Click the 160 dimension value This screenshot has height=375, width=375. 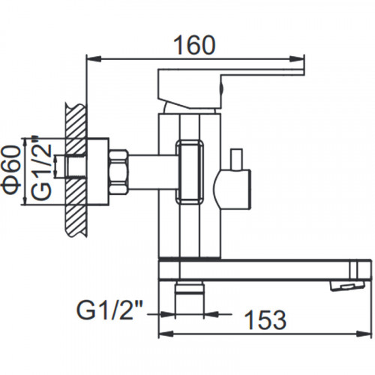pyautogui.click(x=194, y=45)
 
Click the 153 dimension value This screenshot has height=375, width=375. pyautogui.click(x=265, y=320)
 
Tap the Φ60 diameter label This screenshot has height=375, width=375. pyautogui.click(x=10, y=171)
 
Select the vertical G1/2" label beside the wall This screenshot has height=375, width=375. pyautogui.click(x=41, y=167)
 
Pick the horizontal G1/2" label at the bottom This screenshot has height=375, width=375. pyautogui.click(x=109, y=310)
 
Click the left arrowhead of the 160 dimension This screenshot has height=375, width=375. pyautogui.click(x=94, y=59)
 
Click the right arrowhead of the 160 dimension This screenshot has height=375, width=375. pyautogui.click(x=297, y=59)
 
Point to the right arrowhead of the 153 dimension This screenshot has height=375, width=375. pyautogui.click(x=364, y=333)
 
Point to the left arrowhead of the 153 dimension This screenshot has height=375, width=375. pyautogui.click(x=166, y=333)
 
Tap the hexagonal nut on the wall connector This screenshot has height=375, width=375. pyautogui.click(x=118, y=172)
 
